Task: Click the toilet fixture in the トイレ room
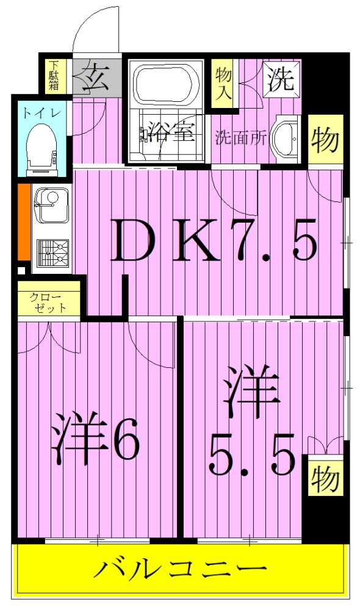41,146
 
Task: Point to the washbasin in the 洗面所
284,137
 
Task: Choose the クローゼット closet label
48,303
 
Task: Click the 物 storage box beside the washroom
325,141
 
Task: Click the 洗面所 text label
240,138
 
